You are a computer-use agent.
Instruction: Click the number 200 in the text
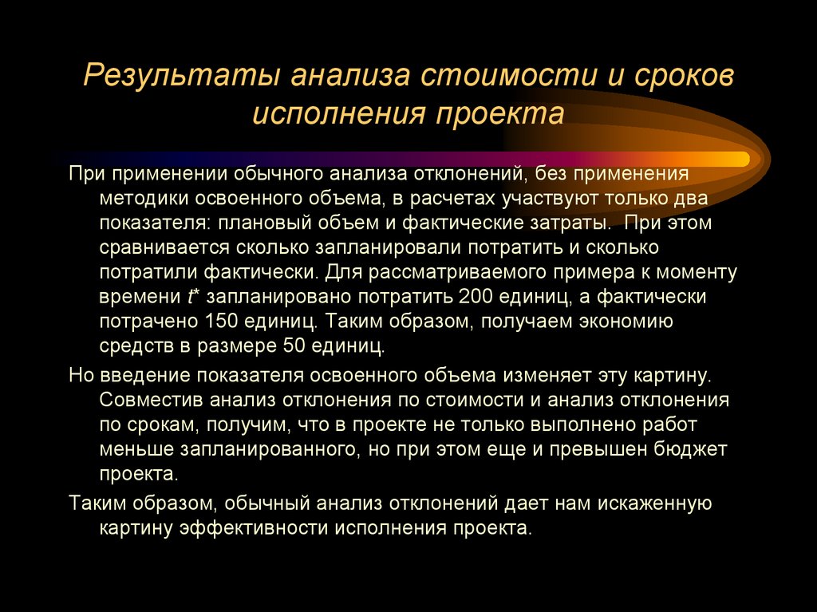tap(476, 297)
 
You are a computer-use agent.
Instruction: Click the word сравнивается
tap(162, 247)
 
